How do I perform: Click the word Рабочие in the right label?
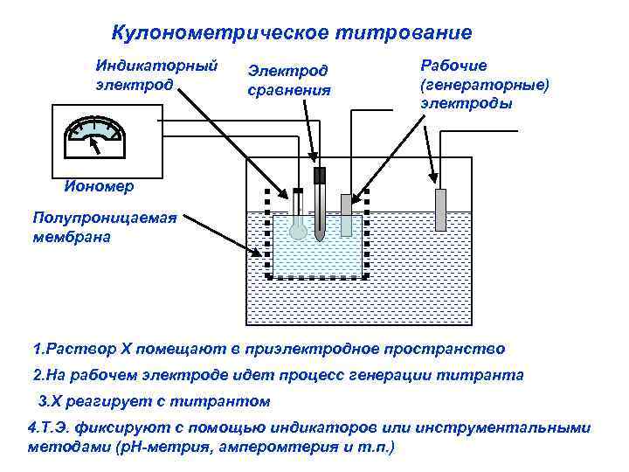tap(454, 66)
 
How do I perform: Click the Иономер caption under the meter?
tap(99, 186)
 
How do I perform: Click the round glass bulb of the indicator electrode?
tap(298, 230)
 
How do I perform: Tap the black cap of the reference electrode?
tap(320, 175)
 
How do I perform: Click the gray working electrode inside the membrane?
tap(346, 215)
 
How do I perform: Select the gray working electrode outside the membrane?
tap(440, 212)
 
